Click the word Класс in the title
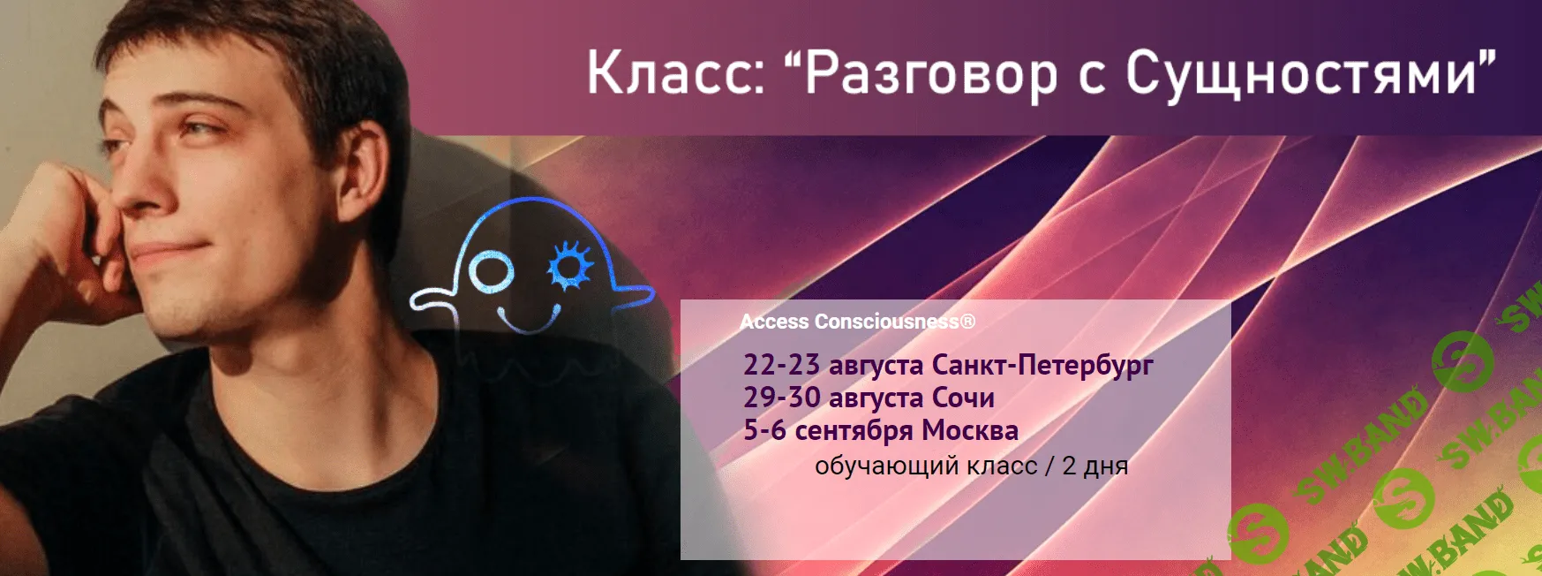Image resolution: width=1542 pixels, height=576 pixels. click(675, 72)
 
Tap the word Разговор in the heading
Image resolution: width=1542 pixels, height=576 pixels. click(931, 74)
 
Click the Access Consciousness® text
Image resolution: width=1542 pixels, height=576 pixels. click(857, 322)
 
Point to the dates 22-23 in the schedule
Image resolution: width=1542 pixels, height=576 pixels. click(781, 364)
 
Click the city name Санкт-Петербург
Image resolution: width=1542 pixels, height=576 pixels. click(1042, 364)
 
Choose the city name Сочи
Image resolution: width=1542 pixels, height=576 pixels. click(963, 398)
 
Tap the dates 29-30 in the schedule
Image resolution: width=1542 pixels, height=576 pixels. click(781, 398)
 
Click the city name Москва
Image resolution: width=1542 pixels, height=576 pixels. click(969, 431)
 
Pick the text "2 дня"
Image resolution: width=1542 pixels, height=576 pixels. click(1094, 466)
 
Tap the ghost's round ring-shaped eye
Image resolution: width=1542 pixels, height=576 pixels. click(491, 272)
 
